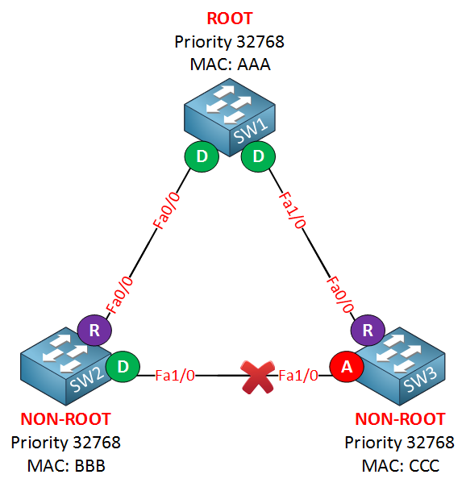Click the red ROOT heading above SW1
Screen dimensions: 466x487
(x=230, y=19)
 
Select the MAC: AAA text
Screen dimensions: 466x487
(x=230, y=65)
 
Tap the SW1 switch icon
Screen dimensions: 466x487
(x=230, y=117)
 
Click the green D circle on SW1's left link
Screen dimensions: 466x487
(x=202, y=156)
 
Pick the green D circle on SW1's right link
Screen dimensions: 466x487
(x=258, y=156)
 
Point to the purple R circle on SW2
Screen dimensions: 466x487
(x=94, y=330)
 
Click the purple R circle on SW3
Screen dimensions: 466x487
(x=368, y=330)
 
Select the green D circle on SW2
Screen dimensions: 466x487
(x=123, y=367)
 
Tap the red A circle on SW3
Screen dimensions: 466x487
(x=347, y=367)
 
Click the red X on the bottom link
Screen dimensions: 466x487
(x=258, y=377)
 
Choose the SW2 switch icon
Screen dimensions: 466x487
(x=66, y=366)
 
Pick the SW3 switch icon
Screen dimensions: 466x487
(x=400, y=366)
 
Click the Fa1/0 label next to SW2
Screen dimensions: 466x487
(x=175, y=376)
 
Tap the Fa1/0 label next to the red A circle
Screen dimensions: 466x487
(x=298, y=376)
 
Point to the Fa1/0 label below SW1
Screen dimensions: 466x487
(x=292, y=210)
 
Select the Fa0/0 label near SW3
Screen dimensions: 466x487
(x=340, y=294)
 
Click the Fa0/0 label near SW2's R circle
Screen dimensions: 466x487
(x=120, y=294)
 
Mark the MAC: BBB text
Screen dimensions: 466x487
(x=66, y=466)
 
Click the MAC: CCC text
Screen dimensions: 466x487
(x=401, y=466)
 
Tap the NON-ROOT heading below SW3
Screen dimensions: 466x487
(x=400, y=419)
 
